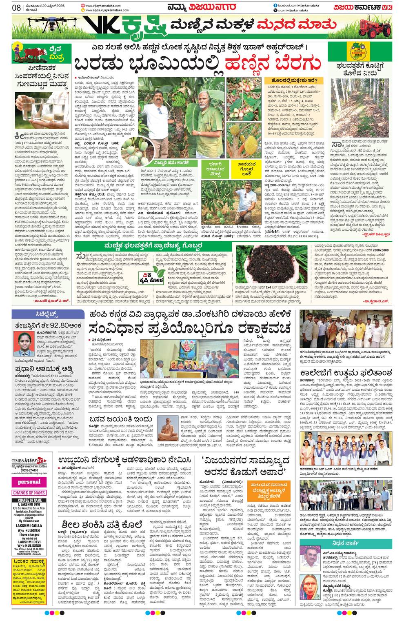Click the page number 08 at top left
(16, 7)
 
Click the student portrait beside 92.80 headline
(23, 344)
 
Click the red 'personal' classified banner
(29, 482)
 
